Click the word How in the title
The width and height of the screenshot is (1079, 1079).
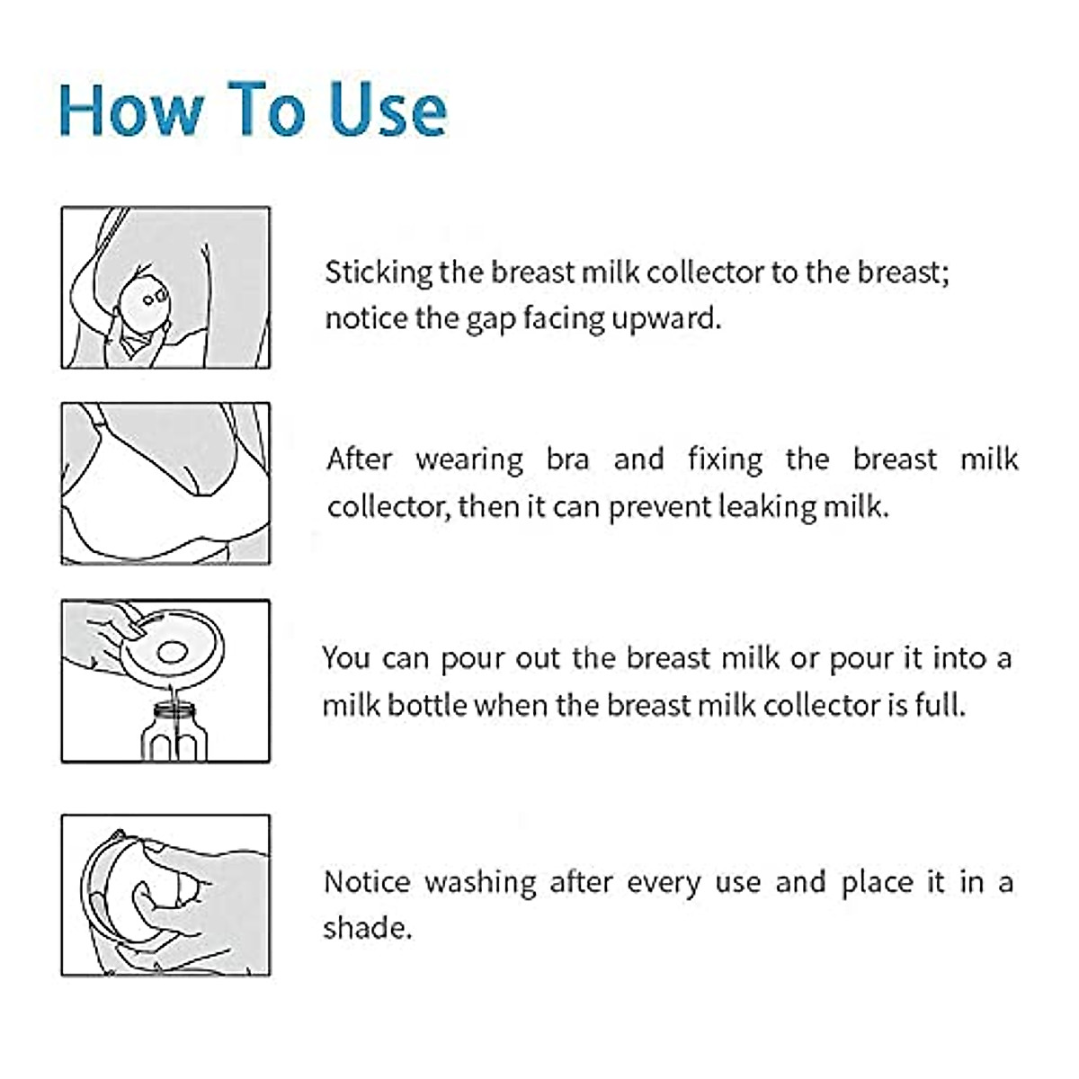131,110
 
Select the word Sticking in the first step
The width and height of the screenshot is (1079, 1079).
378,272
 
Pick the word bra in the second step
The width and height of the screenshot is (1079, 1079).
567,459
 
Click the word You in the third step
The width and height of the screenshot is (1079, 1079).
346,658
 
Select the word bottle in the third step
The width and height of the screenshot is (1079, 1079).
427,705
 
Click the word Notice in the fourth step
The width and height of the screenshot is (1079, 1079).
366,882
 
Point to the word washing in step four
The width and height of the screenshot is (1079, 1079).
480,883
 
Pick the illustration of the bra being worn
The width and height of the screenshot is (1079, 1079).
165,484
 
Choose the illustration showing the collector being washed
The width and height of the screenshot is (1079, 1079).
165,896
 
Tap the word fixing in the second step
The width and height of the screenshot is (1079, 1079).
725,459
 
